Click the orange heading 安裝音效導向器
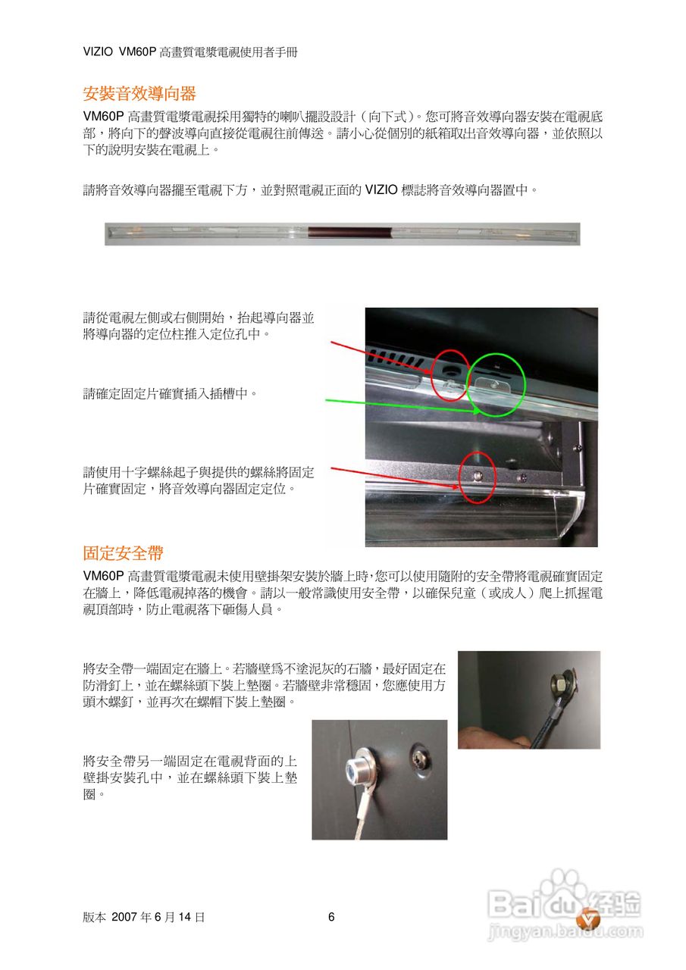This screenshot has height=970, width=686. pyautogui.click(x=139, y=93)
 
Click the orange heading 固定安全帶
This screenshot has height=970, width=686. pyautogui.click(x=123, y=552)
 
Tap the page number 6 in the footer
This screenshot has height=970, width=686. pyautogui.click(x=331, y=917)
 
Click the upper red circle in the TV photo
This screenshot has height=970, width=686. pyautogui.click(x=450, y=374)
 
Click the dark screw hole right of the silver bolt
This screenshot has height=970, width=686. pyautogui.click(x=418, y=756)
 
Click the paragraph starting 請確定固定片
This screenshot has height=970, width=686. pyautogui.click(x=170, y=393)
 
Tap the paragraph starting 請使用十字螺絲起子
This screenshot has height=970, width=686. pyautogui.click(x=199, y=480)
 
